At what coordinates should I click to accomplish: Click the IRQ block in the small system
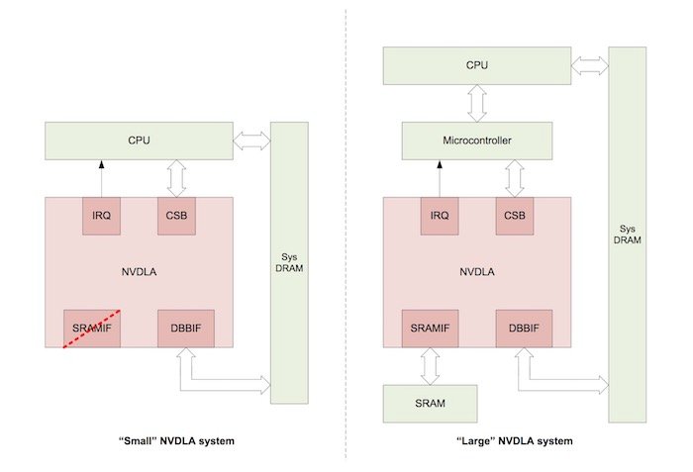pyautogui.click(x=101, y=216)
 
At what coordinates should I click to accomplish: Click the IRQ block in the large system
pyautogui.click(x=439, y=216)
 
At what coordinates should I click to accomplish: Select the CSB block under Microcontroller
pyautogui.click(x=515, y=216)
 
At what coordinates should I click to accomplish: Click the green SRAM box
pyautogui.click(x=430, y=404)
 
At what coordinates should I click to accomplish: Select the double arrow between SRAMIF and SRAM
pyautogui.click(x=431, y=366)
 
